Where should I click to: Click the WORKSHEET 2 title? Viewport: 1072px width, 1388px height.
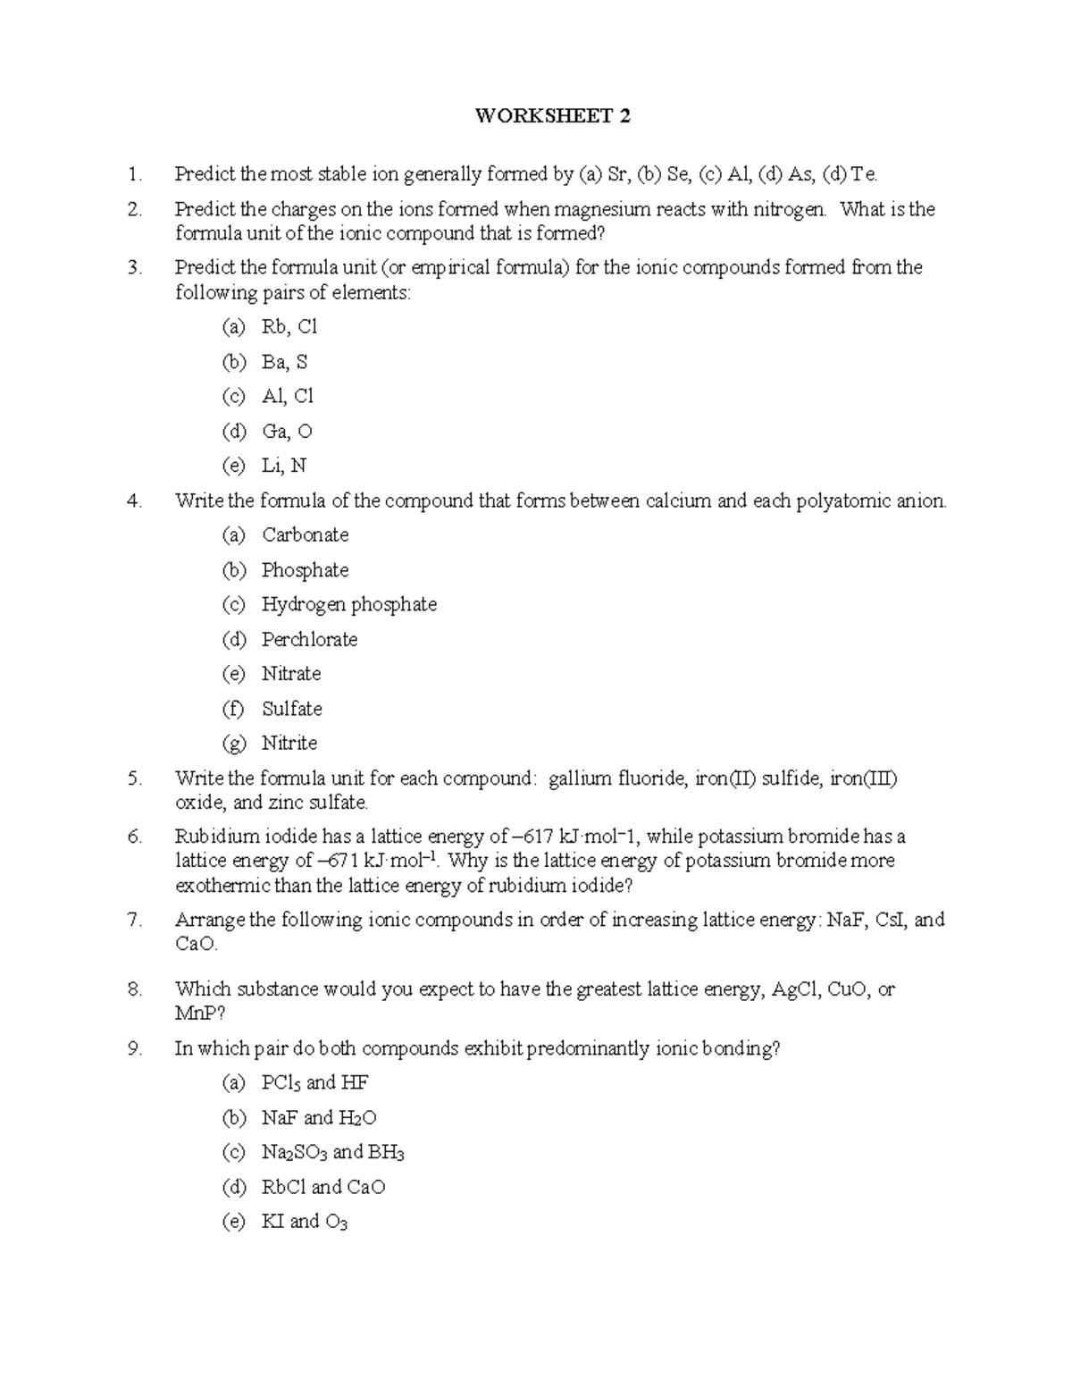point(552,116)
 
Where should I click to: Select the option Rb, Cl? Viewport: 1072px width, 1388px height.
point(289,327)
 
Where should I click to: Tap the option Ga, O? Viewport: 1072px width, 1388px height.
point(287,432)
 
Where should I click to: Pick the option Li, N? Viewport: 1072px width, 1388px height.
point(284,466)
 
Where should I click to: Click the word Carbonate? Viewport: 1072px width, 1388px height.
point(305,535)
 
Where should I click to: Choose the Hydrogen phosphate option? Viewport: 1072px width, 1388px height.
point(348,605)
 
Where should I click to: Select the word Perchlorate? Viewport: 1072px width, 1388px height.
point(309,640)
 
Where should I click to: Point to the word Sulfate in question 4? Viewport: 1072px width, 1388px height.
point(291,709)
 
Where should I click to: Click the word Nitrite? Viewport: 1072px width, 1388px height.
point(289,744)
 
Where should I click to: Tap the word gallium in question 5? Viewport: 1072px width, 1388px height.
point(580,778)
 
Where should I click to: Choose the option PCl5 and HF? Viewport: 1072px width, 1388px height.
point(314,1083)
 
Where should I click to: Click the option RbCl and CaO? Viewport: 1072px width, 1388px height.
point(322,1188)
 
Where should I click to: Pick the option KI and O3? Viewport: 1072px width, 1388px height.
point(304,1222)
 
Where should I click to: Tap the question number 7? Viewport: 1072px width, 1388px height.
point(135,920)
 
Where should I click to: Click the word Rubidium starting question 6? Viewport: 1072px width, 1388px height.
point(214,837)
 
